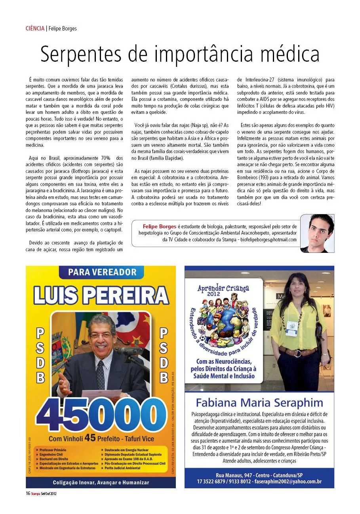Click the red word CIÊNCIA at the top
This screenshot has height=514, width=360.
click(35, 28)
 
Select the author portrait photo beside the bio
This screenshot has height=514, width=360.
click(317, 233)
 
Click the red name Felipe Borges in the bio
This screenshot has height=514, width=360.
click(160, 226)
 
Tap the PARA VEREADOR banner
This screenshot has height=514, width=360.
click(102, 272)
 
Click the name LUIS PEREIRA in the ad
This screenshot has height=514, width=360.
click(101, 295)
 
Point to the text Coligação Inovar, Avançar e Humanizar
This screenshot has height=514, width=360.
click(101, 482)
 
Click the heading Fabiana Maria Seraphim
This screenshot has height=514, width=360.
click(259, 403)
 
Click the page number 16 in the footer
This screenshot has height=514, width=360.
click(28, 493)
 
